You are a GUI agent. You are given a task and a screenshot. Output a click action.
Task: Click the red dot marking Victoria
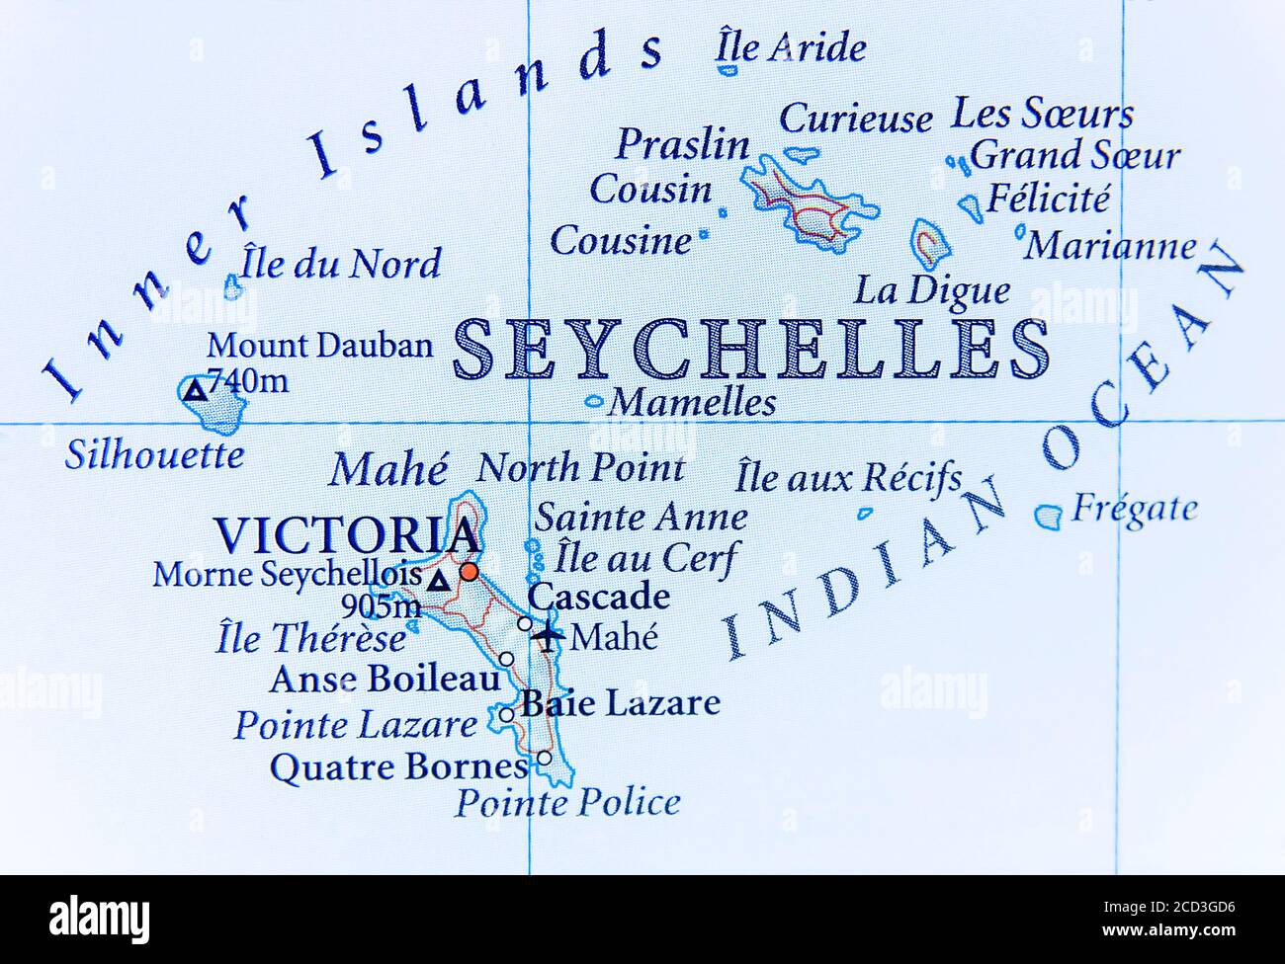tap(470, 571)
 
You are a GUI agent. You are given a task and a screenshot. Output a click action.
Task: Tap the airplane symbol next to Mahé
tap(547, 634)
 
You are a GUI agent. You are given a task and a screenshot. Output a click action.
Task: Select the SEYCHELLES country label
tap(751, 350)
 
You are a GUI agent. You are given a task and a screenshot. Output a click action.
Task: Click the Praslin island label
tap(683, 145)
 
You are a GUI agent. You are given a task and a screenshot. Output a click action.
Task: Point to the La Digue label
tap(932, 290)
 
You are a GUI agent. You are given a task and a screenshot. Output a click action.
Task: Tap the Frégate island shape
tap(1048, 516)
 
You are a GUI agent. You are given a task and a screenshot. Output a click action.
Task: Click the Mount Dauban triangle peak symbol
tap(196, 390)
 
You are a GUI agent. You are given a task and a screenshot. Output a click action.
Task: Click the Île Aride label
tap(791, 46)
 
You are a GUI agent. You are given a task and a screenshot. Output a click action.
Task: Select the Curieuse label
tap(855, 119)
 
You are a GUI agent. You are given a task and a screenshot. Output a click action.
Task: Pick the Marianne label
tap(1109, 246)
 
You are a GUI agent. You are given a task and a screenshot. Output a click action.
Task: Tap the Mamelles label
tap(692, 402)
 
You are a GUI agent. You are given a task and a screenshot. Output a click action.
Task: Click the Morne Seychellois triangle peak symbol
tap(438, 582)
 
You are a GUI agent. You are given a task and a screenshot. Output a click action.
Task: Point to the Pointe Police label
tap(567, 802)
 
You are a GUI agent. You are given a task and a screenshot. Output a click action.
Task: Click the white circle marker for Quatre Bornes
tap(544, 759)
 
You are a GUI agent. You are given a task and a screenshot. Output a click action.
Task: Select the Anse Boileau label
tap(385, 680)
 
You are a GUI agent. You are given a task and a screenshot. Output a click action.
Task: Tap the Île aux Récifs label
tap(847, 479)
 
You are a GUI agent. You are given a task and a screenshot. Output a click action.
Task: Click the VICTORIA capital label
tap(346, 535)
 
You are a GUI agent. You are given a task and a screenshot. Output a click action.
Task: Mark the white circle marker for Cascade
tap(524, 623)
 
